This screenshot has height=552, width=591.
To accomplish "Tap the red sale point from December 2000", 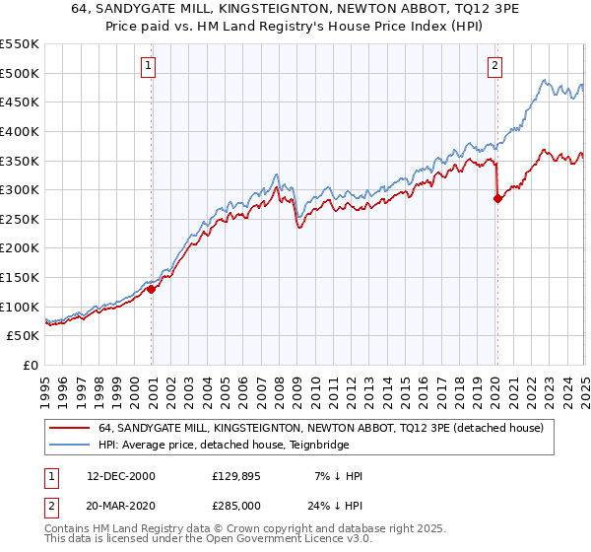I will point(152,290).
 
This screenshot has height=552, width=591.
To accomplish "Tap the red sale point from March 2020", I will point(497,198).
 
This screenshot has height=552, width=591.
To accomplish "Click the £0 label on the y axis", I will point(32,365).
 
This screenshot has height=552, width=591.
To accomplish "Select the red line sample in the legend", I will point(70,427).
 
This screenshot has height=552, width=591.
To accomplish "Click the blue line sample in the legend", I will point(70,444).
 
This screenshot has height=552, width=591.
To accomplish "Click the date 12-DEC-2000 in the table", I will point(121,476).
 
